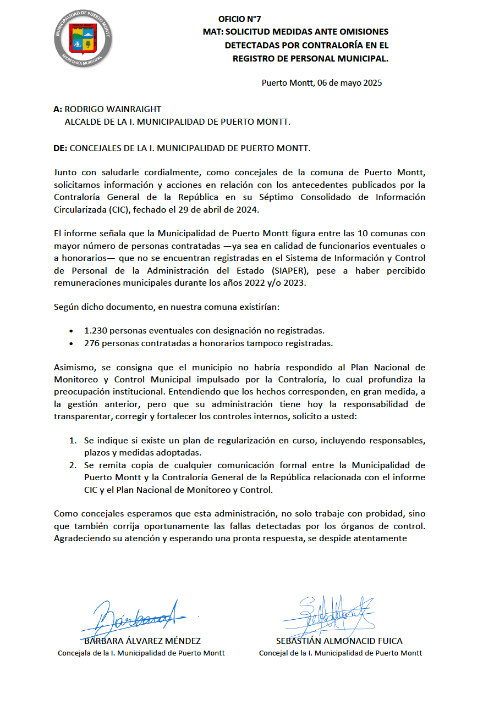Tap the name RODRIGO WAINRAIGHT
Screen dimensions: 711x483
point(113,109)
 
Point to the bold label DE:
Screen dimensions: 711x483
point(61,148)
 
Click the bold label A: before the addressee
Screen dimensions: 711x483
point(58,109)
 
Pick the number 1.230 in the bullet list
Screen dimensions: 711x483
point(96,330)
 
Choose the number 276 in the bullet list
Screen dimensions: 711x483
point(91,343)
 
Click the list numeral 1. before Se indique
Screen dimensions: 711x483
point(73,441)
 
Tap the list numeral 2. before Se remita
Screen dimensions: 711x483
point(73,465)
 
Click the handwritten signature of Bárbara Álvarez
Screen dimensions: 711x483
point(138,618)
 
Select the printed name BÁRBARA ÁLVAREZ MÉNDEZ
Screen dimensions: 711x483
point(141,641)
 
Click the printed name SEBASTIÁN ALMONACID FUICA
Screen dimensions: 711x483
point(339,641)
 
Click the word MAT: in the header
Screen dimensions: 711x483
point(212,31)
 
